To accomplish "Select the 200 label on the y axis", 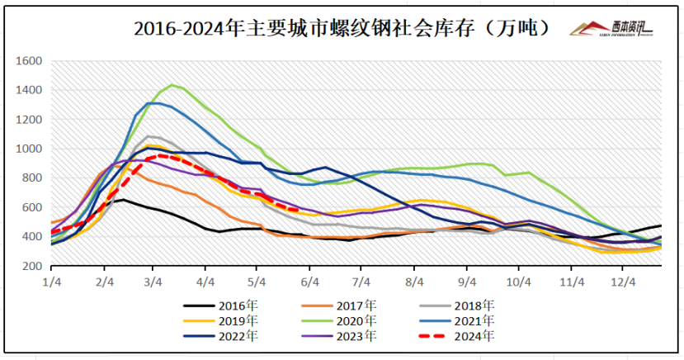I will (32, 266).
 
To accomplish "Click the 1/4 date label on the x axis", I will (50, 282).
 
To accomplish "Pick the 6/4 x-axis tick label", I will (309, 282).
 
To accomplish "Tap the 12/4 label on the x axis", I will (623, 282).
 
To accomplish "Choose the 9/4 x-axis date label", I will (465, 282).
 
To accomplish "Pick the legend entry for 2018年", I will (473, 305).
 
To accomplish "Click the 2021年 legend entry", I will (473, 320).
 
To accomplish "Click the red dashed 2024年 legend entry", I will (473, 336).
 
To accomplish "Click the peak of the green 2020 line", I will (172, 85).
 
